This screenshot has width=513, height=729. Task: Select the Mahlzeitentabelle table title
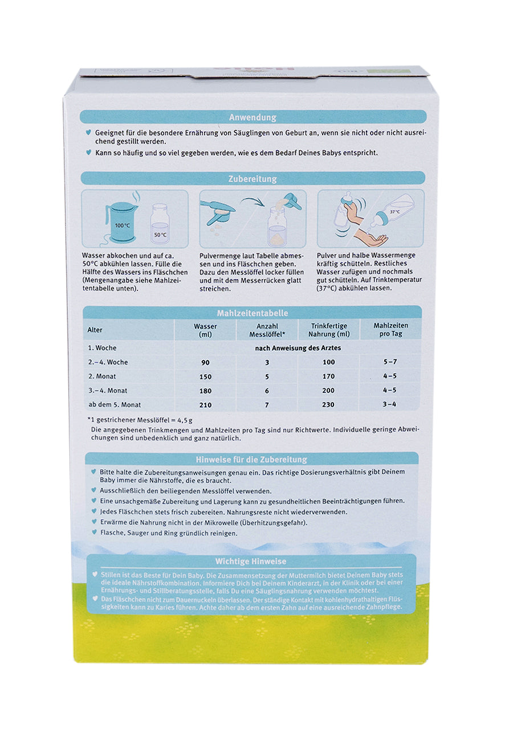coord(253,313)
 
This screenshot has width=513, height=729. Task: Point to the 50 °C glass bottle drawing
coord(160,226)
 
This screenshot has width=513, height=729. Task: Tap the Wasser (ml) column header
coord(205,330)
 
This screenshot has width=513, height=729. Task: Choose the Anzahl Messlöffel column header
coord(264,330)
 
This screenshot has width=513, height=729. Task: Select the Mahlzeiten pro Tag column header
coord(390,330)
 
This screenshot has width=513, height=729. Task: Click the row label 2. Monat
coord(100,376)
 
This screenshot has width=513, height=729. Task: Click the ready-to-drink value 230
coord(328,405)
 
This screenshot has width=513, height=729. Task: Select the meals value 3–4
coord(390,404)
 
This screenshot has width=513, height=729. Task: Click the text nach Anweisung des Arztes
coord(297,347)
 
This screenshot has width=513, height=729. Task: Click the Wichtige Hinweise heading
coord(251,562)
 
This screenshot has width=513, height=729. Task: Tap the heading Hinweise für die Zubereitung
coord(251,460)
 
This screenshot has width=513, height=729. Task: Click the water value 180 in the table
coord(205,391)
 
